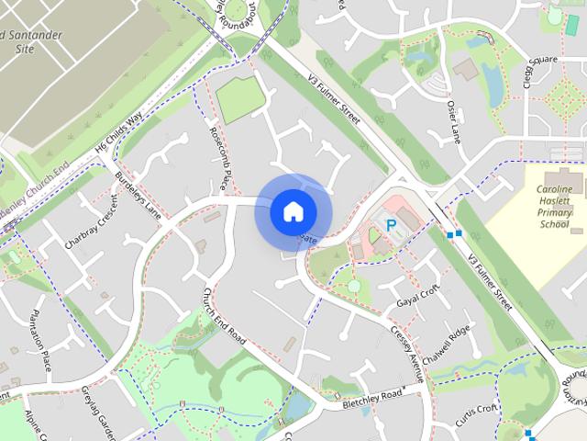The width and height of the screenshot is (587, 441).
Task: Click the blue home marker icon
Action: coord(292,211)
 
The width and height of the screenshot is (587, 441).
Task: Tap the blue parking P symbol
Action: coord(391,224)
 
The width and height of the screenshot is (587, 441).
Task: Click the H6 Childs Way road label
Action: coord(119,135)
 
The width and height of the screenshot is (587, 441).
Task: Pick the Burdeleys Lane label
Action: coord(138,195)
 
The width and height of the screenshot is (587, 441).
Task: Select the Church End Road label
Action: coord(224,316)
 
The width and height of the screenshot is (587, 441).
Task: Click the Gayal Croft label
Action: coord(413,296)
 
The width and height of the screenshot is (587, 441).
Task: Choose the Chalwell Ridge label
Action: coord(454,343)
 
